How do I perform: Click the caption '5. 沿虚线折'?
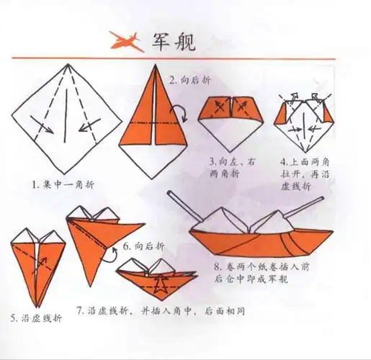[x=34, y=317]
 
